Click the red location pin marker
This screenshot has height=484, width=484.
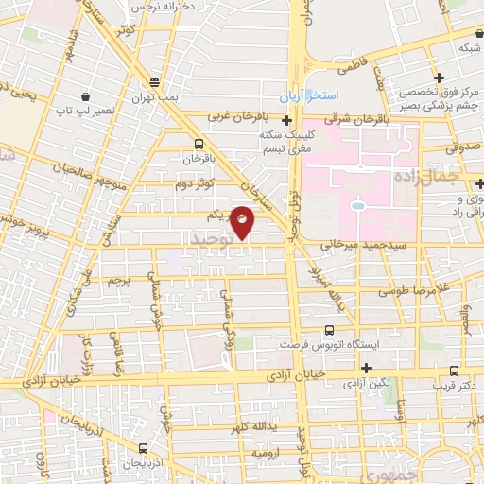243,221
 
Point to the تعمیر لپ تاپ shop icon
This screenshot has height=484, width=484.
86,96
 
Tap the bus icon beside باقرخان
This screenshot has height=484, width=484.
198,144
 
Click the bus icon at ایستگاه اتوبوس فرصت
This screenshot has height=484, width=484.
328,331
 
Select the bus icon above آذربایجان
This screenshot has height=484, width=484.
143,448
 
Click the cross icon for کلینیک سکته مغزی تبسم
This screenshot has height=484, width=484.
286,120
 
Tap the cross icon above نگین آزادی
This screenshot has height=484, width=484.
367,368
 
